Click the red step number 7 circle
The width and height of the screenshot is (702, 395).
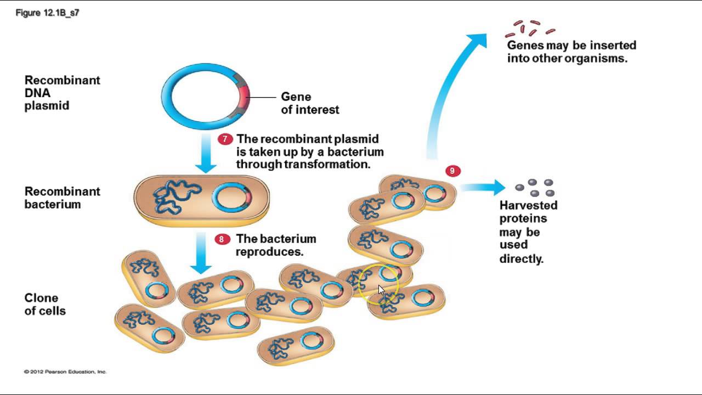click(x=225, y=139)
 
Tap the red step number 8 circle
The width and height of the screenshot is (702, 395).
click(x=222, y=239)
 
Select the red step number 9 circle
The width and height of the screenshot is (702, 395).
click(x=452, y=171)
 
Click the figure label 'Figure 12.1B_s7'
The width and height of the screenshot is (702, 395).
click(x=48, y=13)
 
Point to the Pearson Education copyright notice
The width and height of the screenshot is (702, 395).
click(x=65, y=372)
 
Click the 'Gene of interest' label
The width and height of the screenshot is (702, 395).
click(x=310, y=103)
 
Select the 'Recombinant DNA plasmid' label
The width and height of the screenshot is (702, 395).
click(x=62, y=93)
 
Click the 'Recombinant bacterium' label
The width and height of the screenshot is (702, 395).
click(x=62, y=198)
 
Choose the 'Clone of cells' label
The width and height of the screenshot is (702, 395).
click(x=45, y=304)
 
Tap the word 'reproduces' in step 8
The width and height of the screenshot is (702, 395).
click(x=269, y=252)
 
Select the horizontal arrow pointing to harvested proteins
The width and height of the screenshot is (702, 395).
click(x=483, y=188)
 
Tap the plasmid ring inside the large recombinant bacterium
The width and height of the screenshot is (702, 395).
click(x=230, y=198)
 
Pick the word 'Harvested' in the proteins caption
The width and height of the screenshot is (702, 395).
click(x=528, y=205)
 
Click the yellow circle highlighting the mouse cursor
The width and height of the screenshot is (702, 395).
click(x=380, y=283)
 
